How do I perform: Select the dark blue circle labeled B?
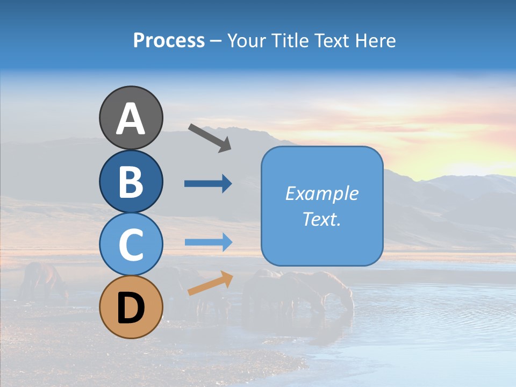[131, 181]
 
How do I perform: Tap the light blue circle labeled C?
[131, 245]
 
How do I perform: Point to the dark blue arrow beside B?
[208, 184]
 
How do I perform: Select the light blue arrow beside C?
[208, 242]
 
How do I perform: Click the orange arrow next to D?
[210, 283]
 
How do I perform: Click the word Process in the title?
[169, 41]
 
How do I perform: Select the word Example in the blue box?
[321, 193]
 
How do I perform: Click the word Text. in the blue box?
[321, 219]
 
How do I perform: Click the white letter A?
[131, 118]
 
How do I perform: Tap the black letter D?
[131, 309]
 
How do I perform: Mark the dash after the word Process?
[216, 41]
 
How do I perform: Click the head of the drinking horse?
[348, 304]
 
